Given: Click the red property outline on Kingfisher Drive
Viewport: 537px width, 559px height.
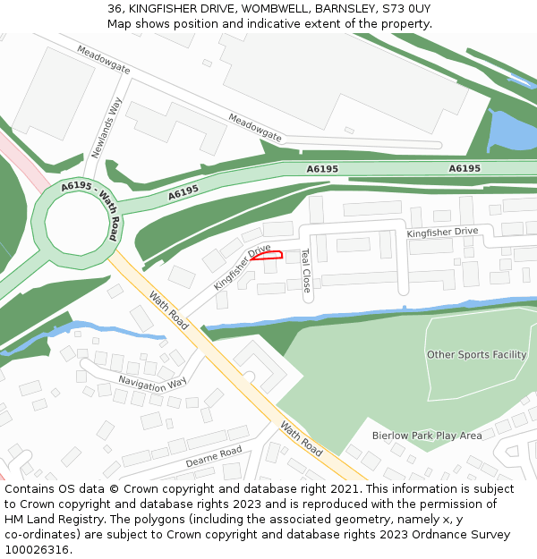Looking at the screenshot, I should (x=268, y=255).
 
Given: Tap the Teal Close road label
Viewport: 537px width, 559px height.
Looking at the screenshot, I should (x=305, y=270).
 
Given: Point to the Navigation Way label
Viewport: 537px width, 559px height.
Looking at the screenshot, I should (x=152, y=382).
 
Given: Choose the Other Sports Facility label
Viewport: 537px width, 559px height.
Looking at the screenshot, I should (x=476, y=354).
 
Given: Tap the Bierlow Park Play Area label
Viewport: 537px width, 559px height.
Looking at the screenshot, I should (x=427, y=436).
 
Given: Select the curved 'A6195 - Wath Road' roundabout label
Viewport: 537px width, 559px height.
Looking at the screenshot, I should (x=90, y=200).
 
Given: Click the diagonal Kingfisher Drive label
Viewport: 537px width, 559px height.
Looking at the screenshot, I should (x=242, y=267).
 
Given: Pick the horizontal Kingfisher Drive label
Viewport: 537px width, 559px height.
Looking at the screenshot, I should (x=442, y=232).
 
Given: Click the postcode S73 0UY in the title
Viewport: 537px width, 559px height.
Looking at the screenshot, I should (x=406, y=9).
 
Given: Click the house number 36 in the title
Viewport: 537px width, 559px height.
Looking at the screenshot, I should (x=114, y=9).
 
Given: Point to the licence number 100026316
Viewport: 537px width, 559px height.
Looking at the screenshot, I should (x=36, y=549).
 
